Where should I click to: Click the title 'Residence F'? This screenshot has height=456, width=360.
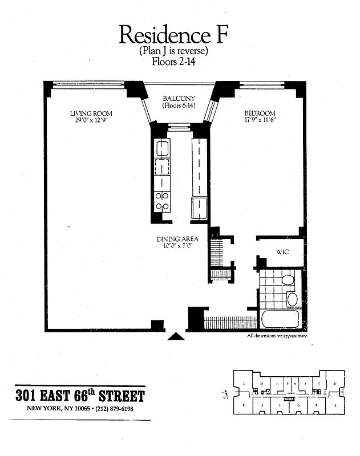click(175, 35)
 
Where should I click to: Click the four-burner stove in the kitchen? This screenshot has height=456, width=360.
click(162, 201)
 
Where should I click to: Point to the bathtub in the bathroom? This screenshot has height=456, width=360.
click(280, 319)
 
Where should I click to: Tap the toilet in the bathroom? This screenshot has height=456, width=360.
click(289, 280)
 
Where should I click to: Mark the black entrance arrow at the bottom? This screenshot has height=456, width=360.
click(176, 336)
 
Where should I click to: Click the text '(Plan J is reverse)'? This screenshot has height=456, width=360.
click(174, 51)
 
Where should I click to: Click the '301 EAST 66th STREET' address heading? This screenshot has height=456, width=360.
click(80, 396)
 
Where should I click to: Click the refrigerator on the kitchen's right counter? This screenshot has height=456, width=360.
click(200, 209)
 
